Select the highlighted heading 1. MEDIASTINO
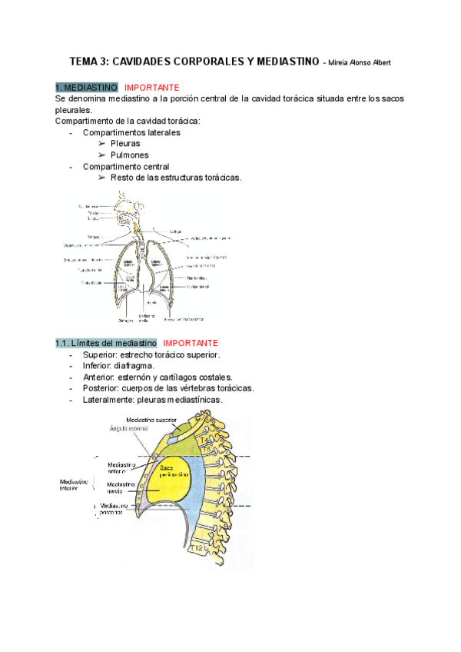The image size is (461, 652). pyautogui.click(x=87, y=88)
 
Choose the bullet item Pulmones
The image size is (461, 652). pyautogui.click(x=129, y=155)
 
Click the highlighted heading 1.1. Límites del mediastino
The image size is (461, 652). pyautogui.click(x=106, y=343)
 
